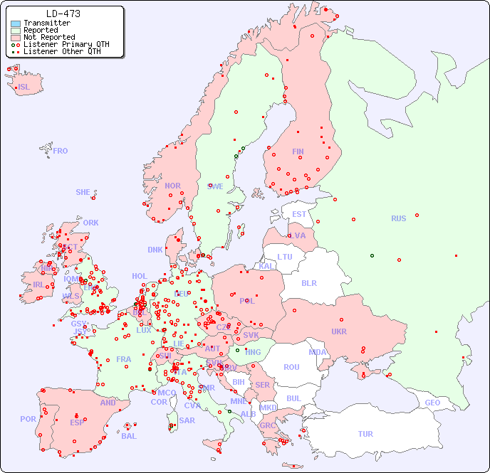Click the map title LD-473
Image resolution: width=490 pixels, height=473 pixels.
(63, 14)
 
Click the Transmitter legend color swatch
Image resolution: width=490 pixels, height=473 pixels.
(16, 23)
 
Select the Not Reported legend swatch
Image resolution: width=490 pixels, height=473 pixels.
(16, 37)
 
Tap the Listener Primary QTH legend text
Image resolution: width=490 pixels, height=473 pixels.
(66, 44)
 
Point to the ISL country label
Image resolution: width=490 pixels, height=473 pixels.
(24, 87)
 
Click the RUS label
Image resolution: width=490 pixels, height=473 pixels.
(398, 218)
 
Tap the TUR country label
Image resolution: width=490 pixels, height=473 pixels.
(365, 434)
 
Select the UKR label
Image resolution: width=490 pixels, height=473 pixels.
(339, 331)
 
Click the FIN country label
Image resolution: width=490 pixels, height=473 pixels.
(298, 152)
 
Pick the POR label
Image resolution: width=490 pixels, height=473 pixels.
(28, 419)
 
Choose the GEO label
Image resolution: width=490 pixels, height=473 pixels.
(432, 403)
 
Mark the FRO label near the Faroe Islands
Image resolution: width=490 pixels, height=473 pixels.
(61, 151)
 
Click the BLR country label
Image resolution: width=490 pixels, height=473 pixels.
(309, 282)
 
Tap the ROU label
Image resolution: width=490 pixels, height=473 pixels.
(292, 367)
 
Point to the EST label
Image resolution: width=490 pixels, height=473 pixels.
(299, 214)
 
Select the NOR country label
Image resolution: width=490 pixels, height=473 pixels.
(172, 186)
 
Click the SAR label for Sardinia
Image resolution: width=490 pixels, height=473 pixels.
(187, 420)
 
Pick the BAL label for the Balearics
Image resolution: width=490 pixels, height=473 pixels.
(129, 436)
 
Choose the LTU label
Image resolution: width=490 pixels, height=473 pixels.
(285, 257)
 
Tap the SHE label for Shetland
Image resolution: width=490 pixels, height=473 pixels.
(83, 192)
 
